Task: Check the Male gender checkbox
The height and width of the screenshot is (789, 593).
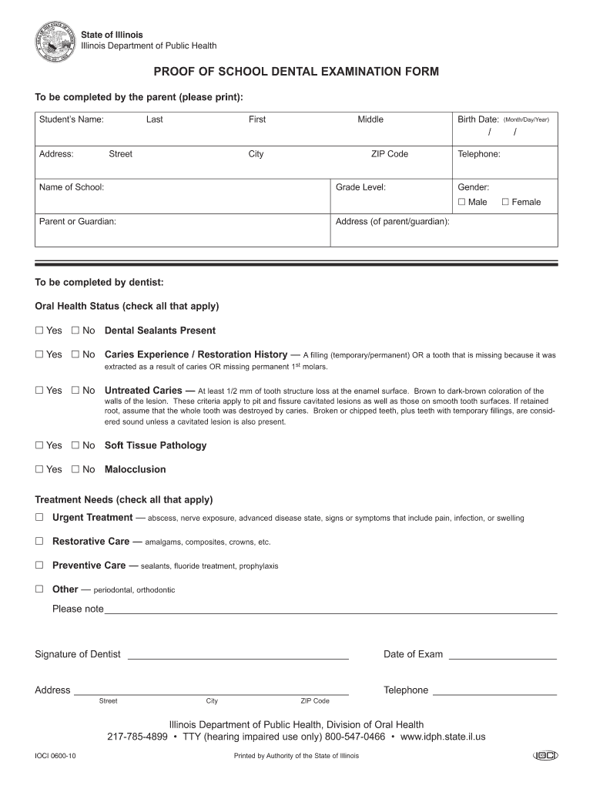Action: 461,202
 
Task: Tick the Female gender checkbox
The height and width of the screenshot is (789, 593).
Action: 505,202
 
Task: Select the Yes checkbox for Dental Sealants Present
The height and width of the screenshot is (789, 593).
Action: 39,331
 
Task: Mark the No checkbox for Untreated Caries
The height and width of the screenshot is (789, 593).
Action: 75,391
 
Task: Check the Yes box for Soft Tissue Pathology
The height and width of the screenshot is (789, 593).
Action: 39,445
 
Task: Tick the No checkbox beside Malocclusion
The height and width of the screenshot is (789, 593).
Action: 75,469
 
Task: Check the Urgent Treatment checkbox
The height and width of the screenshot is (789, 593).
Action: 39,518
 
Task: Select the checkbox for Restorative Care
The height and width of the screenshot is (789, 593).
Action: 39,542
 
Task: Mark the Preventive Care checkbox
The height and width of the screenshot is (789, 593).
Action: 39,566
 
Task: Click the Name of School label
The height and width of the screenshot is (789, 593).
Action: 72,187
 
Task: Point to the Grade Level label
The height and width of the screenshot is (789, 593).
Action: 360,187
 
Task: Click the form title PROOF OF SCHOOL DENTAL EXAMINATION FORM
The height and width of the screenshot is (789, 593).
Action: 296,72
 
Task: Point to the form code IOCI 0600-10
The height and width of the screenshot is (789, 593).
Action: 55,756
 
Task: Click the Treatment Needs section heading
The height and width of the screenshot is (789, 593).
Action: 124,499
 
